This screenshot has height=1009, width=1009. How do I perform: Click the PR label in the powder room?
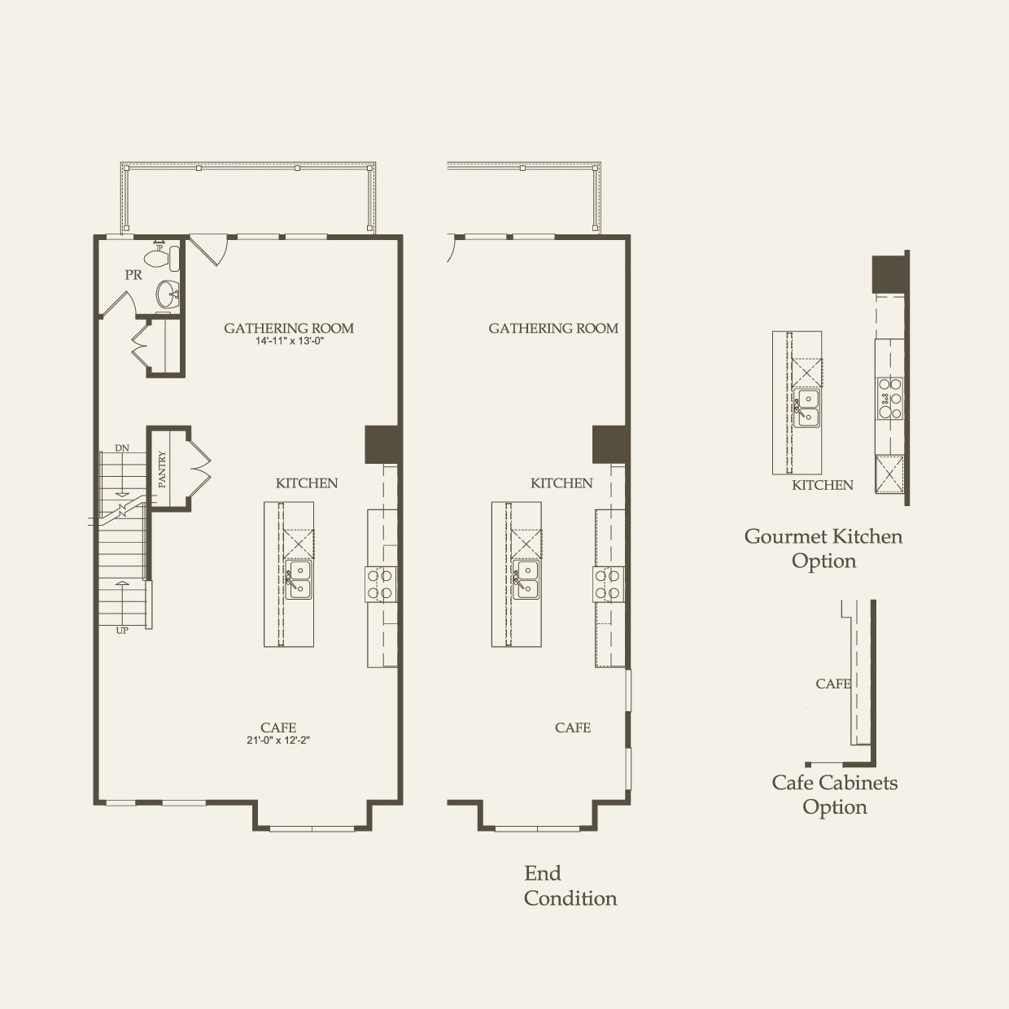tap(133, 275)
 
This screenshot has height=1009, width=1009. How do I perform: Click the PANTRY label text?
tap(162, 470)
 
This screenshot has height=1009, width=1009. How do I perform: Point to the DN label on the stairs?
tap(122, 448)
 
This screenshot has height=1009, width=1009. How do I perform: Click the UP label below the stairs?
tap(122, 630)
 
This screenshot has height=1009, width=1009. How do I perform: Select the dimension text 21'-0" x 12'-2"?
tap(278, 740)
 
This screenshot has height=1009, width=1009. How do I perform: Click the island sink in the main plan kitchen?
tap(299, 579)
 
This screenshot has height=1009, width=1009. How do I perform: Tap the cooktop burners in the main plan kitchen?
tap(379, 583)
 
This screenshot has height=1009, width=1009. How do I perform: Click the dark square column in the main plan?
tap(382, 444)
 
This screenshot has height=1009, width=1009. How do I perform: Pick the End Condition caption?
tap(570, 885)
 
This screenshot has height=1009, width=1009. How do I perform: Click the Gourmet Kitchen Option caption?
tap(823, 548)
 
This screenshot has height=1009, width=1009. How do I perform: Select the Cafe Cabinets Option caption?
tap(835, 794)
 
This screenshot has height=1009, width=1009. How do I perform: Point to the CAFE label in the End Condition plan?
tap(573, 727)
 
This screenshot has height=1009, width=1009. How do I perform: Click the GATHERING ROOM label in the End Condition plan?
tap(553, 328)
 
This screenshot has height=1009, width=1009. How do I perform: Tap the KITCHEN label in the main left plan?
tap(307, 483)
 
